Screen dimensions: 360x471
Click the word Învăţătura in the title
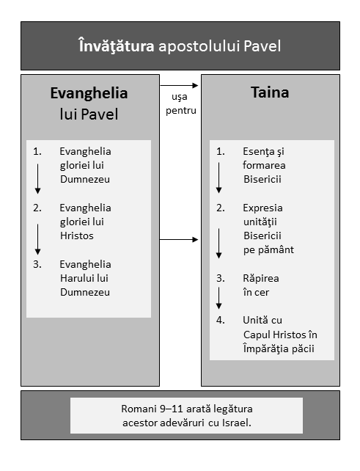coord(117,46)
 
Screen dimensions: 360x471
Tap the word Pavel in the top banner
coord(262,46)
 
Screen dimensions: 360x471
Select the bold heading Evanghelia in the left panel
coord(89,93)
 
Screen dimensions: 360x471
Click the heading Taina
coord(270,92)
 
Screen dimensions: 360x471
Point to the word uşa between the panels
coord(180,97)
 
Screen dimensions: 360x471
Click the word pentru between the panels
coord(181,111)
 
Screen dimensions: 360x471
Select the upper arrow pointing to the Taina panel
coord(179,86)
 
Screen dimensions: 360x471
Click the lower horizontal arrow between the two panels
coord(179,239)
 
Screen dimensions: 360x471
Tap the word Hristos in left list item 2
coord(77,235)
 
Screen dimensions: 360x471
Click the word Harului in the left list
coord(74,278)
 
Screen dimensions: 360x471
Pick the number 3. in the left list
coord(37,264)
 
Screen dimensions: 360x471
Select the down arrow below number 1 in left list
coord(37,179)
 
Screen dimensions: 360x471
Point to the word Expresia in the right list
coord(262,208)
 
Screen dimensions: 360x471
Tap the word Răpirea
coord(261,279)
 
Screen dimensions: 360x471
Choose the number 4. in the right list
coord(221,320)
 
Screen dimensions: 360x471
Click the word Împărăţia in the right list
coord(265,348)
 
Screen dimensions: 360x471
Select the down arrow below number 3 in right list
coord(219,298)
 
